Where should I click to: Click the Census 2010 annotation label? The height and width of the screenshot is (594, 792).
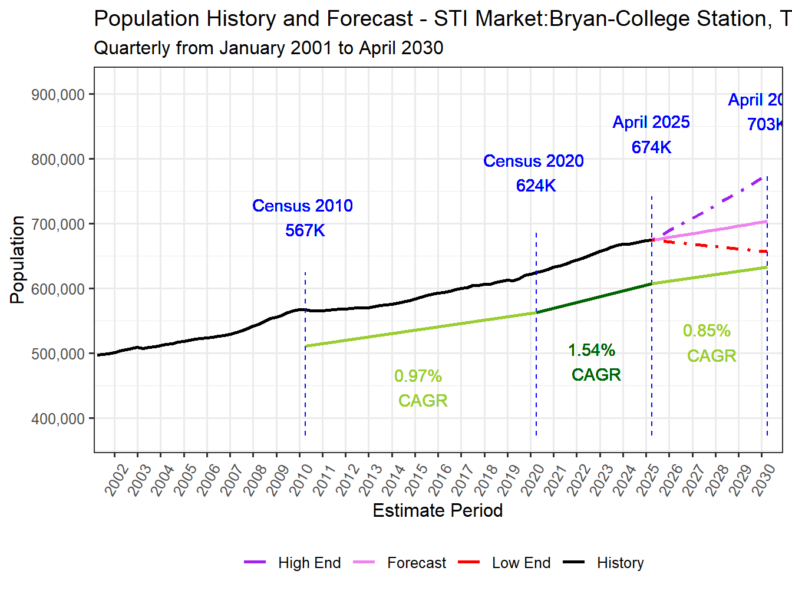[x=302, y=206]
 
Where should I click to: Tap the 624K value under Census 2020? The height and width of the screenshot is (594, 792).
[x=536, y=186]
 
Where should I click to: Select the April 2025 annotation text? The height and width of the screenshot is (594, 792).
[x=651, y=122]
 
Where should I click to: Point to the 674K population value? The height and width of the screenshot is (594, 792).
[x=651, y=147]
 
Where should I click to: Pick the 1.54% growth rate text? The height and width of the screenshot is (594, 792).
[x=592, y=351]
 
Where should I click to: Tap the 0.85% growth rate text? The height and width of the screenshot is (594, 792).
[x=707, y=331]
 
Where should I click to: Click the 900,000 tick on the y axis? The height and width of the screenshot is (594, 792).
[x=58, y=95]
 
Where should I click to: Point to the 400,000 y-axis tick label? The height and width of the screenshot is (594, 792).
[x=58, y=419]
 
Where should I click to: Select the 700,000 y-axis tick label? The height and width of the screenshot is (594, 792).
[x=58, y=225]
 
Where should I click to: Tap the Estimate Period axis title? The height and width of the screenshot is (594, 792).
[x=437, y=510]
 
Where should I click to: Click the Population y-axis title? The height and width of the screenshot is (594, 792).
[x=17, y=259]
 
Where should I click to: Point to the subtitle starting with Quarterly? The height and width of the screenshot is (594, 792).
[x=268, y=48]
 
